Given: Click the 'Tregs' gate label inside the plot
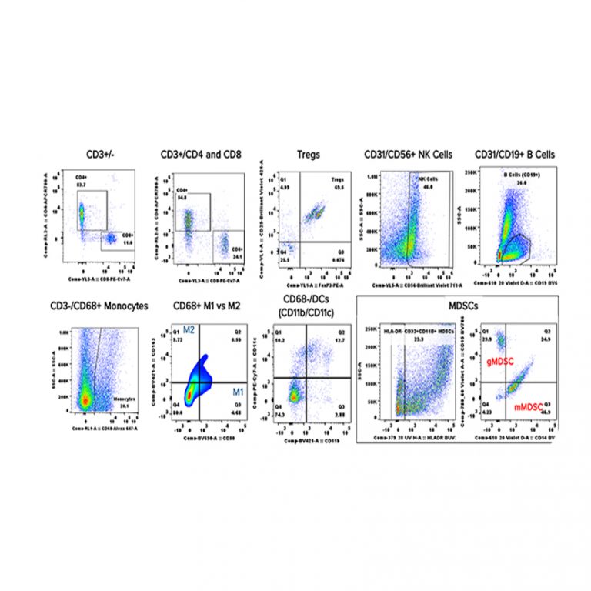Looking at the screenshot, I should pos(334,179).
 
